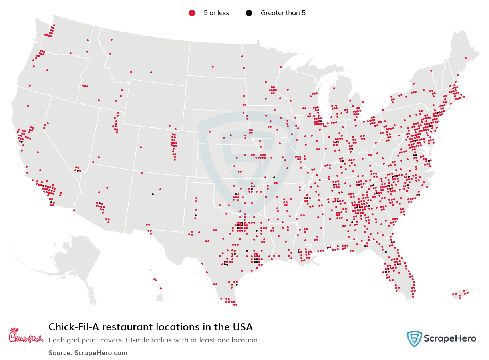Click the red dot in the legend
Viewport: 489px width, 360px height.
tap(192, 13)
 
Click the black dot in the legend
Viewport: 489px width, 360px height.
tap(249, 13)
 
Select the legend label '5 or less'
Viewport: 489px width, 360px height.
tap(216, 13)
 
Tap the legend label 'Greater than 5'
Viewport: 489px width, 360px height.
tap(283, 13)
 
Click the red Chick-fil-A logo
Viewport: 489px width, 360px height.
tap(26, 336)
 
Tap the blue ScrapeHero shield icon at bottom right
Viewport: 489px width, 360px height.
tap(414, 339)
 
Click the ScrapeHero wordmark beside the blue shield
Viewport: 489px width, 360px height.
tap(451, 339)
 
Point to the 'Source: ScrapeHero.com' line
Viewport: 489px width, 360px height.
tap(88, 353)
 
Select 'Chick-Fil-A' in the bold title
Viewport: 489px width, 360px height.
tap(74, 327)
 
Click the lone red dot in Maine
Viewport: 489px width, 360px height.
tap(465, 58)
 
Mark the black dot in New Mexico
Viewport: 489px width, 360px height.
tap(153, 194)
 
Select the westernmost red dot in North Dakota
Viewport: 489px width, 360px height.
tap(213, 67)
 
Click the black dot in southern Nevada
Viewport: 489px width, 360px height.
tap(77, 170)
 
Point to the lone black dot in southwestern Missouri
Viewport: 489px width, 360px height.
tap(274, 177)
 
